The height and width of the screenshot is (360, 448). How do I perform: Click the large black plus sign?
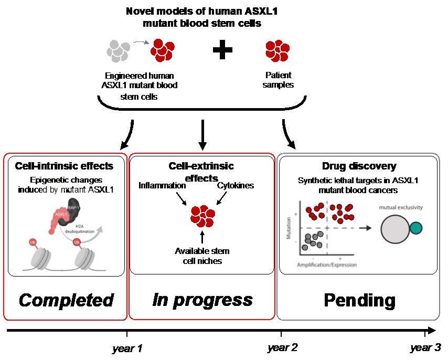pyautogui.click(x=222, y=51)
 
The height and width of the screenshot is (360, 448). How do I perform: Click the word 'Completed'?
pyautogui.click(x=66, y=300)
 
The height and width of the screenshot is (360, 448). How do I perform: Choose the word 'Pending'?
pyautogui.click(x=359, y=300)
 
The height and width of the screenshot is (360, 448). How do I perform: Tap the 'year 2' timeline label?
pyautogui.click(x=282, y=347)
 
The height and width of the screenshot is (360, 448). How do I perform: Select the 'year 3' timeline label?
pyautogui.click(x=425, y=347)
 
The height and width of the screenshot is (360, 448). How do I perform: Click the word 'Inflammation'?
pyautogui.click(x=163, y=186)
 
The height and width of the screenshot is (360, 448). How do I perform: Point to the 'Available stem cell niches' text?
pyautogui.click(x=202, y=256)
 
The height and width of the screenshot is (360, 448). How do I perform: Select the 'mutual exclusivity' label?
pyautogui.click(x=400, y=207)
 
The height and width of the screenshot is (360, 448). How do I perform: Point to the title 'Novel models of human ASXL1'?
pyautogui.click(x=202, y=12)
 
